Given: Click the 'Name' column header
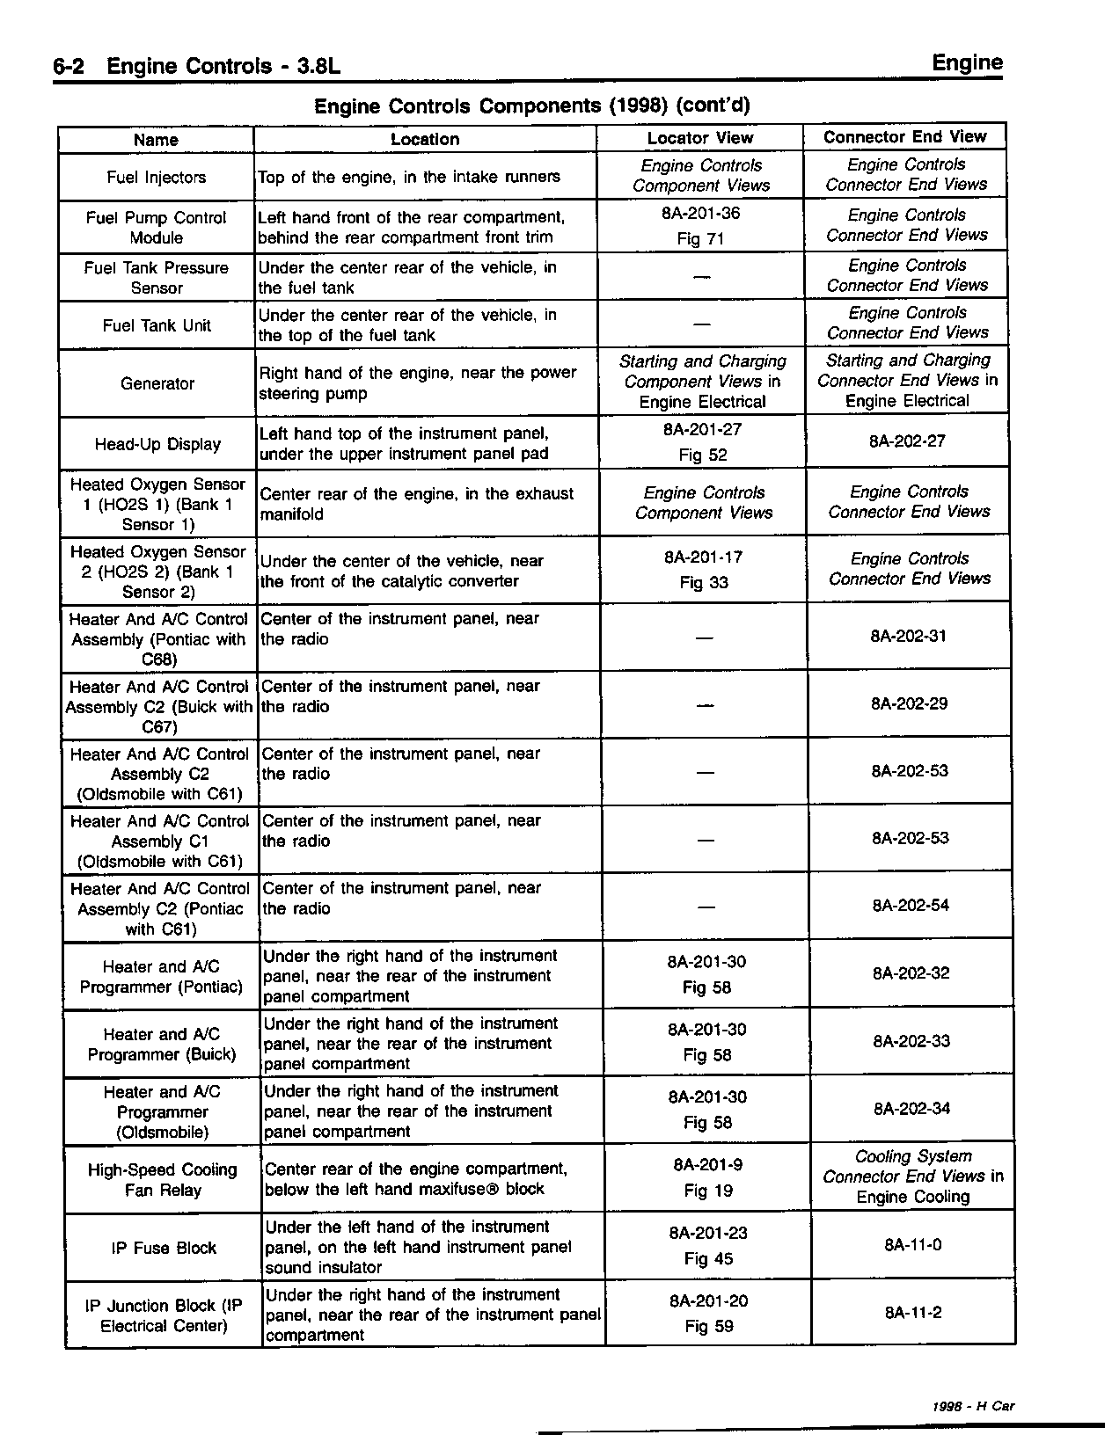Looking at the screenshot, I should (156, 140).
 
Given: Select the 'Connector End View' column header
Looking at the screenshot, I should (904, 137).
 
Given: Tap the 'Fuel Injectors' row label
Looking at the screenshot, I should (156, 178).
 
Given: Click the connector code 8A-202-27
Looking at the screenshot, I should (907, 441).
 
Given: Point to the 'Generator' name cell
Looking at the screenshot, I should (157, 383).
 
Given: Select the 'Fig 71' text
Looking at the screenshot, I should (701, 239).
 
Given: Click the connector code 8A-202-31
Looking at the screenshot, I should (908, 636).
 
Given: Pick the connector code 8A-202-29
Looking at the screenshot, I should (909, 703).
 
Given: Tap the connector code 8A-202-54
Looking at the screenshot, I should (911, 906).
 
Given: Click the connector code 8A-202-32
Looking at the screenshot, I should (911, 973).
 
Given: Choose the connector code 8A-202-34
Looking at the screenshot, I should (912, 1109).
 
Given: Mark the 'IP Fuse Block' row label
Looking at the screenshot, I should (164, 1248).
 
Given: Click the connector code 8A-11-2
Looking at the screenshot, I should (913, 1313).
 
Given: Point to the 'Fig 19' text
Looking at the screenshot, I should (708, 1191).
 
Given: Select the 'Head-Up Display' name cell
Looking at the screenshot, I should (157, 444).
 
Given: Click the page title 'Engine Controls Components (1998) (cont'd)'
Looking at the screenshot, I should (532, 106).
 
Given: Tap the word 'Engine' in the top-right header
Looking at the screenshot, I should (967, 63).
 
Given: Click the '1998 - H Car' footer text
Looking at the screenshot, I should (974, 1406).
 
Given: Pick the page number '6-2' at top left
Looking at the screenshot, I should (68, 68).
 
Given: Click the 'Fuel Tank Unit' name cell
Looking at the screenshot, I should (157, 325).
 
